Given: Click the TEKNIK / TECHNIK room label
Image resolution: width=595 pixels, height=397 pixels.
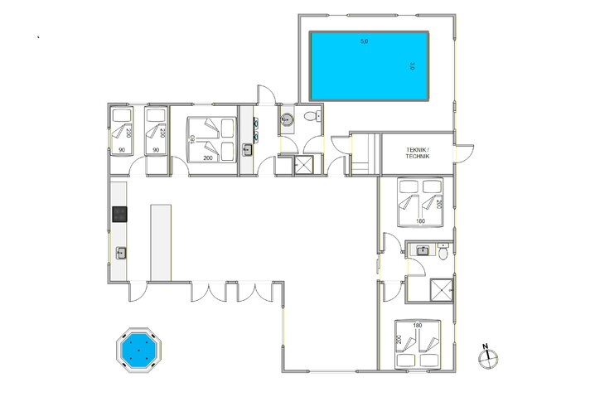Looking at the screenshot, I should [418, 153].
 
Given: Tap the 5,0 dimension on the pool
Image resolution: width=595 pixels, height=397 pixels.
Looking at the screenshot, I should [364, 41].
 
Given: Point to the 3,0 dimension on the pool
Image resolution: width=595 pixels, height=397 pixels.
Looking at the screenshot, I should [411, 65].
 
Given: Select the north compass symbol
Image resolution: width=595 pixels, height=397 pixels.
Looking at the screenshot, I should [490, 357].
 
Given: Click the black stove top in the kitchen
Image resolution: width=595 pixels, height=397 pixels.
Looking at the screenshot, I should [120, 215].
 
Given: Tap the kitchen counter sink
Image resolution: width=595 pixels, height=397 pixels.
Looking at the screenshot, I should [121, 252].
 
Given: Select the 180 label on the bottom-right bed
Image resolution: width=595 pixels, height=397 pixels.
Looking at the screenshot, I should [418, 325].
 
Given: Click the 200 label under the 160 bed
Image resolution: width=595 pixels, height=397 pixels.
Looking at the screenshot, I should [206, 157].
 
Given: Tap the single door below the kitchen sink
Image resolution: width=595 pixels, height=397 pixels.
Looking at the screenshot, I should [140, 289].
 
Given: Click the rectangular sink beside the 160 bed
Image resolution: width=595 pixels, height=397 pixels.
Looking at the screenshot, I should [247, 150].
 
